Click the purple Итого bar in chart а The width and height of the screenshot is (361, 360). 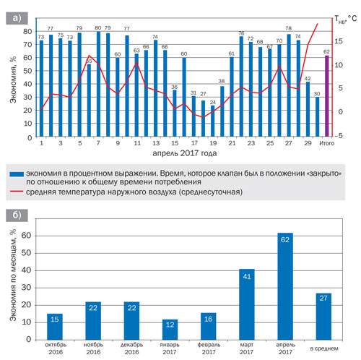pos(326,96)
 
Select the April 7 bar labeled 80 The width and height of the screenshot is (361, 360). pos(98,84)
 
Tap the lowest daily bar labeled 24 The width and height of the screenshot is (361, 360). pos(213,121)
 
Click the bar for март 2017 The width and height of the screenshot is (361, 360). pos(247,304)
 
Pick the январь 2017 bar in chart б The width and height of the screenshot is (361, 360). pos(170,330)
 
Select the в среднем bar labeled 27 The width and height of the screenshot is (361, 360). pos(323,317)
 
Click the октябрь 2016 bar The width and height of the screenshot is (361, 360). pos(55,327)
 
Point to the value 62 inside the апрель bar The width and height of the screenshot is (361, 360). pos(285,239)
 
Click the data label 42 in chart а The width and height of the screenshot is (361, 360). pos(308,79)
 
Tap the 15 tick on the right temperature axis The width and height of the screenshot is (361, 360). pos(338,41)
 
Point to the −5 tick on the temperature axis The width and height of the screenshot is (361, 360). pos(338,136)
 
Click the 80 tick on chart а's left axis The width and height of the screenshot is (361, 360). pos(27,31)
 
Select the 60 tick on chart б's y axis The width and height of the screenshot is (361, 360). pos(27,236)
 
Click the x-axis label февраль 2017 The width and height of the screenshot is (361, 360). pos(209,348)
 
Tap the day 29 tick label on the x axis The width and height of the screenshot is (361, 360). pos(308,143)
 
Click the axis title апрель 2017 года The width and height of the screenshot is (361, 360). pos(185,153)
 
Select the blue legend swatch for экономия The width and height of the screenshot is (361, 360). pos(17,174)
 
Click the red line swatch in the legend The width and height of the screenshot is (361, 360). pos(17,192)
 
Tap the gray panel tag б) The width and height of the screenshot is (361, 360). pos(17,215)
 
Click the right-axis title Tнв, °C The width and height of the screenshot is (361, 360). pos(346,20)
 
